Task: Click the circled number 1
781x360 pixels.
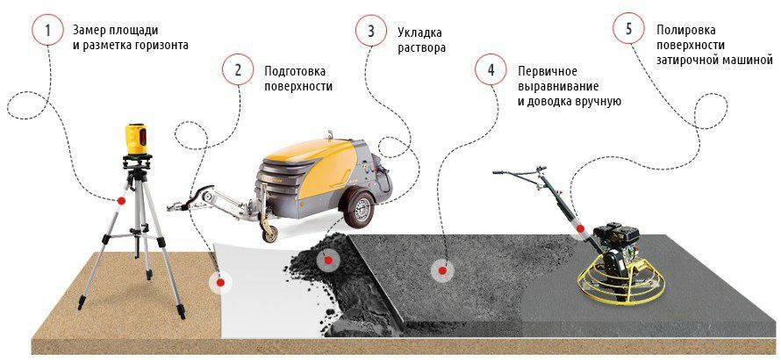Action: (47, 31)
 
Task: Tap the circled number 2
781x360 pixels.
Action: (238, 70)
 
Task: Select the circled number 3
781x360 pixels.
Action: (370, 31)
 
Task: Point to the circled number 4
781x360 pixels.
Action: (491, 70)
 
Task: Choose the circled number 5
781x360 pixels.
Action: (628, 29)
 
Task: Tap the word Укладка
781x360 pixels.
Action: (419, 32)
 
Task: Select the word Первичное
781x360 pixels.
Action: (548, 71)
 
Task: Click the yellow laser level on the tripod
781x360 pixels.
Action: (137, 139)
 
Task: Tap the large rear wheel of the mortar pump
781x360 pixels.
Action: (359, 209)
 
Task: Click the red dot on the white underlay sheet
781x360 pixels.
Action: (220, 283)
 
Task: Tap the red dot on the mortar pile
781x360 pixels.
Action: (327, 260)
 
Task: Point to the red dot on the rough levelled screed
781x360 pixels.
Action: (441, 270)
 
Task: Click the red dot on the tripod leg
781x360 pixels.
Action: (120, 200)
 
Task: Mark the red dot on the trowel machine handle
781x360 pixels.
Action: (580, 228)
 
